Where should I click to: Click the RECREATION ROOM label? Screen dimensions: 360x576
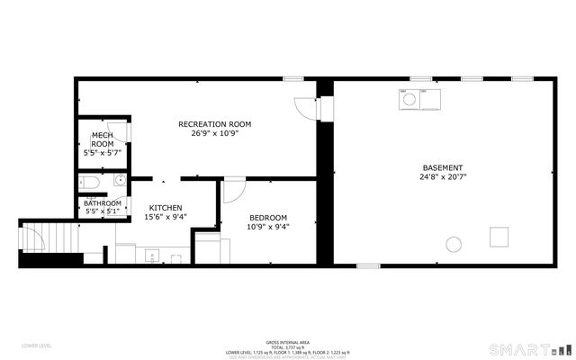(x=214, y=123)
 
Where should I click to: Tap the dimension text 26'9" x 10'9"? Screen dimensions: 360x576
(x=214, y=133)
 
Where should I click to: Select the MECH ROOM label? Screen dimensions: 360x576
(x=102, y=139)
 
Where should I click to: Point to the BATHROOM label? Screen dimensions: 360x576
(x=103, y=203)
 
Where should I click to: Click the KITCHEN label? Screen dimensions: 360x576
(x=166, y=207)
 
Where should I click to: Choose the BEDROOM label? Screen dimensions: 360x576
(x=268, y=217)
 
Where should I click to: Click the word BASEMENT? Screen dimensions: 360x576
(x=443, y=167)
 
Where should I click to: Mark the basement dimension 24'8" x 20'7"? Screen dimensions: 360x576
(x=443, y=177)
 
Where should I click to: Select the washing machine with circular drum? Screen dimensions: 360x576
(x=407, y=99)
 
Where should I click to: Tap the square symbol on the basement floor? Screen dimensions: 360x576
(x=499, y=237)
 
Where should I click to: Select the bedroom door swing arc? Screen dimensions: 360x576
(x=234, y=191)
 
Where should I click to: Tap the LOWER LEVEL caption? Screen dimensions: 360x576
(x=37, y=346)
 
